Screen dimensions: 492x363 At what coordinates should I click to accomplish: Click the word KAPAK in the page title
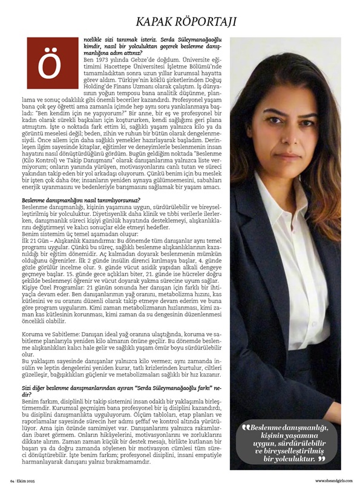158,22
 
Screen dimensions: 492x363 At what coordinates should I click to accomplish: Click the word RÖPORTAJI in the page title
207,22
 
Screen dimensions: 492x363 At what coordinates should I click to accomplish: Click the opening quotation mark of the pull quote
245,428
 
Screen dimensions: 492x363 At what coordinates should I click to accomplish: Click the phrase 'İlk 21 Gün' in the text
36,240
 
